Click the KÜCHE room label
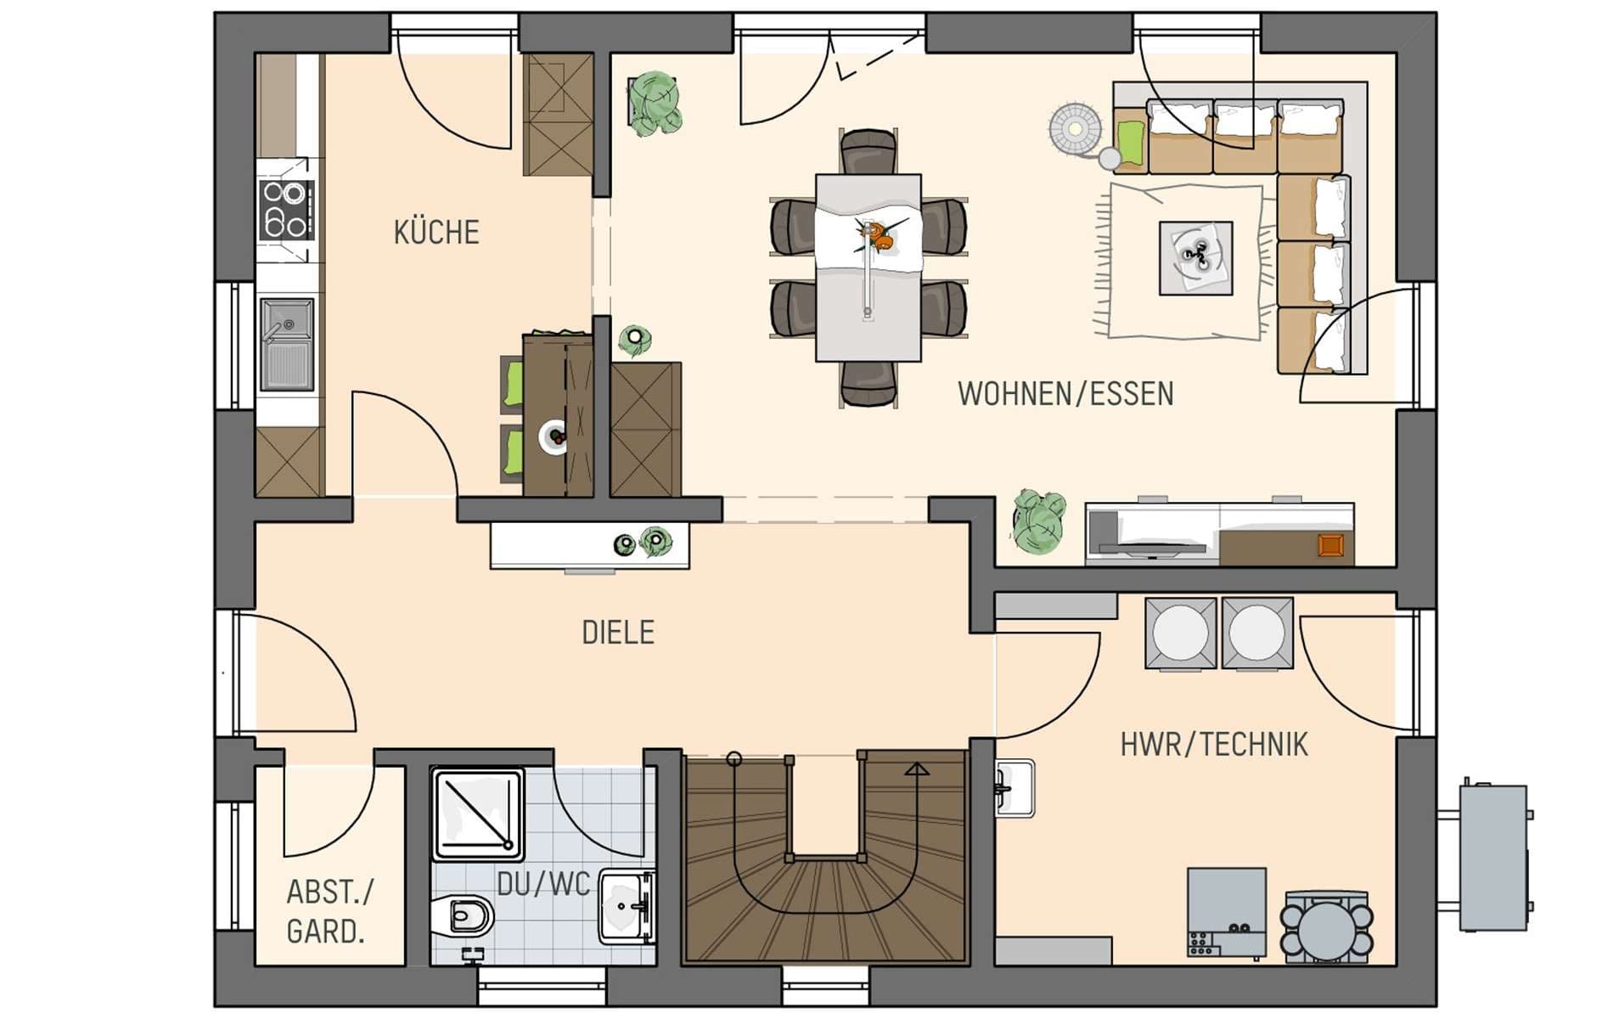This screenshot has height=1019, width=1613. point(436,232)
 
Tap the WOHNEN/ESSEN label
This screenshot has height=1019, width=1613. point(1065,394)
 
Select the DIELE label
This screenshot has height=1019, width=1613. point(618,633)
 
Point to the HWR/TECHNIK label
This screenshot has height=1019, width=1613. point(1214,745)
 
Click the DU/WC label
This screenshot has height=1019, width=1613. point(543,885)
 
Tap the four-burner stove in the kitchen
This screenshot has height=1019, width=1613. point(287,210)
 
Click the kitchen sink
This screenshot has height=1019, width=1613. point(286,344)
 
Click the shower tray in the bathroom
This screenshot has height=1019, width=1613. point(478,814)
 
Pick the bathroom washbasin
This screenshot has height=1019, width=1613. point(627,907)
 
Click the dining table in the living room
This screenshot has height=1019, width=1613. point(868,267)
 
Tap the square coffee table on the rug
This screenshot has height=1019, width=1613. point(1196,258)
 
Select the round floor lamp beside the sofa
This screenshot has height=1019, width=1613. point(1076,130)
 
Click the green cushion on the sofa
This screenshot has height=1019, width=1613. point(1131,143)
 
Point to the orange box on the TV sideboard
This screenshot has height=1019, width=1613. point(1330,545)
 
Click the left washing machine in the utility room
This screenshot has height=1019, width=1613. point(1180,633)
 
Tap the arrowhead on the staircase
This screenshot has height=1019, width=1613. point(916,769)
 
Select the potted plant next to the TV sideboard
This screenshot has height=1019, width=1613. point(1038,521)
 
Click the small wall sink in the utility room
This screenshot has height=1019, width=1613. point(1014,788)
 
